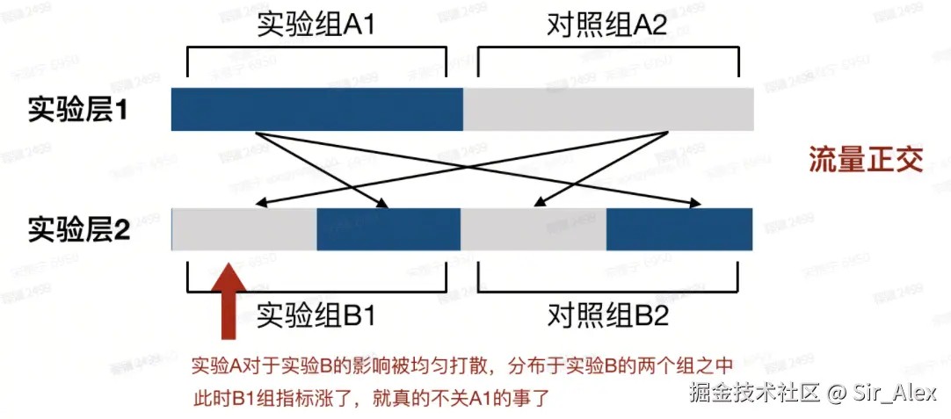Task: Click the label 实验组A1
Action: pyautogui.click(x=316, y=24)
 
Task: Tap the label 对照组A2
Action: pyautogui.click(x=606, y=24)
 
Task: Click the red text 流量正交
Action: pyautogui.click(x=866, y=161)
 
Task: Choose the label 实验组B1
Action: pyautogui.click(x=316, y=314)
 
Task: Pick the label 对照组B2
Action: pyautogui.click(x=606, y=314)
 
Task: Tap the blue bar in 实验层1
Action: pyautogui.click(x=316, y=109)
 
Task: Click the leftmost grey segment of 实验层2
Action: pyautogui.click(x=244, y=229)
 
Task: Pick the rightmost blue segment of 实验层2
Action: pyautogui.click(x=679, y=229)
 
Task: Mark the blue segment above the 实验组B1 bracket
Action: pyautogui.click(x=388, y=229)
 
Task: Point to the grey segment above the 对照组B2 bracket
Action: pyautogui.click(x=534, y=229)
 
